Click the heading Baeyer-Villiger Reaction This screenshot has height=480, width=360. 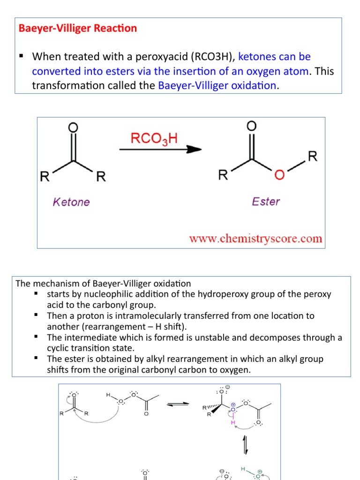[78, 28]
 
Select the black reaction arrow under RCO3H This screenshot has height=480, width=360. [160, 150]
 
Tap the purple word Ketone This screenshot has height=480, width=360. [71, 202]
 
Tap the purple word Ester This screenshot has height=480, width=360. [266, 202]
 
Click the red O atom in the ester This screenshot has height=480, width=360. [279, 175]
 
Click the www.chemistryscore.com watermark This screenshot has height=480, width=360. [255, 239]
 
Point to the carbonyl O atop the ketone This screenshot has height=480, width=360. [73, 128]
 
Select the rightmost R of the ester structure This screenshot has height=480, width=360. [313, 156]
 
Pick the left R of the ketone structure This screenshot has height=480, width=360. [45, 177]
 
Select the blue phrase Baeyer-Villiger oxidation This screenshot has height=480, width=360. [217, 85]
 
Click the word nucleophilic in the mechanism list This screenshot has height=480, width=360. [101, 294]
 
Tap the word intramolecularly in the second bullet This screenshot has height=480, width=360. [163, 316]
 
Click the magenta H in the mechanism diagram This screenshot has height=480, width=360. [232, 422]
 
